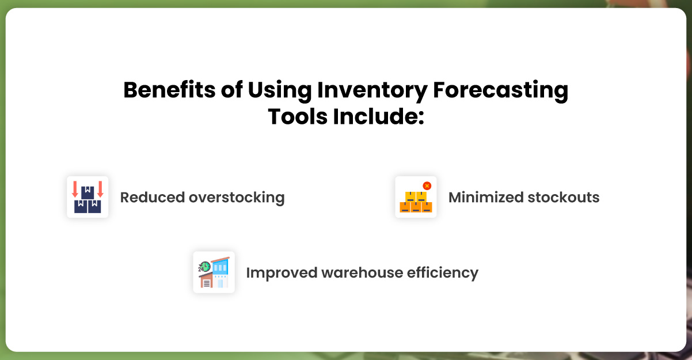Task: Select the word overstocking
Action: (237, 198)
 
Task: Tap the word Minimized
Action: (482, 198)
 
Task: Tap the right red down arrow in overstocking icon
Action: (100, 190)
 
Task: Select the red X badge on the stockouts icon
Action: (427, 185)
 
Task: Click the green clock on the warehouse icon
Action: (204, 266)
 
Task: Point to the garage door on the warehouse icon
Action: (206, 282)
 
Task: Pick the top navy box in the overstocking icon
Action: (88, 191)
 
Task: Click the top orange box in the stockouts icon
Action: (416, 196)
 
